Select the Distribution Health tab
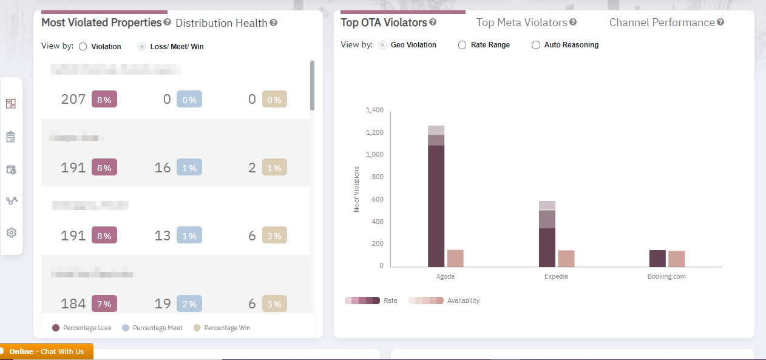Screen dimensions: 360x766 (221, 23)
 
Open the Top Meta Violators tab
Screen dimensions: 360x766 (521, 22)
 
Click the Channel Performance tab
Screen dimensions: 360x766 (662, 22)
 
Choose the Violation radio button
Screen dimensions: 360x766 (83, 47)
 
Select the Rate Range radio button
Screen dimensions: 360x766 (463, 45)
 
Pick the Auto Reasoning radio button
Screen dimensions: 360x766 (536, 45)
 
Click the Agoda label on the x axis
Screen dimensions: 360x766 (445, 276)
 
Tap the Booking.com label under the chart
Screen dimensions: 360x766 (666, 276)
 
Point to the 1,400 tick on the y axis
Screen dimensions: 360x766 (375, 110)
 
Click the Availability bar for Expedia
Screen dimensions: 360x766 (566, 259)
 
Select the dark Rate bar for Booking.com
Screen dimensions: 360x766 (657, 259)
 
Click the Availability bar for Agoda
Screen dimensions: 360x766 (455, 259)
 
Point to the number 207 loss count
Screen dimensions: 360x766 (73, 99)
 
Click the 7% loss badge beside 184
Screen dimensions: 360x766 (104, 304)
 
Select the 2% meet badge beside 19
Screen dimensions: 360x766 (189, 304)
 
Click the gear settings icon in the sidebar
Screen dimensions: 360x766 (11, 233)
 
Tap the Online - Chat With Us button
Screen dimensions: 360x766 (46, 352)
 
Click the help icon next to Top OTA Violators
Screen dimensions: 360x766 (433, 22)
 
